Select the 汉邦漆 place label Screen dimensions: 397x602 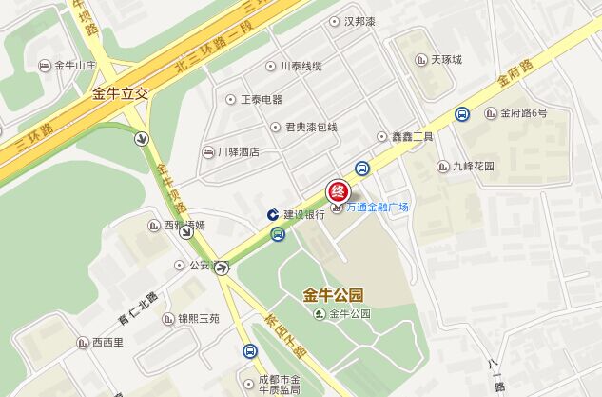point(360,21)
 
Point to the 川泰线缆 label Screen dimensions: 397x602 point(301,67)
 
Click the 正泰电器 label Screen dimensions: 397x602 point(261,99)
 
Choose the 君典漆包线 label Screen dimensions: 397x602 point(304,127)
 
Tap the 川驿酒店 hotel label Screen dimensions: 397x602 point(238,152)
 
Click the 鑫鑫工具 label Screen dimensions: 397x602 point(412,137)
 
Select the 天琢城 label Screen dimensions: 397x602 point(445,60)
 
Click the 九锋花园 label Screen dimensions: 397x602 point(473,166)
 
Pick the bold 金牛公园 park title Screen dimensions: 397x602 point(333,294)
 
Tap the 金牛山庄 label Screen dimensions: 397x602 point(75,66)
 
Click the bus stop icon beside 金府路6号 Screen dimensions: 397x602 point(461,113)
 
